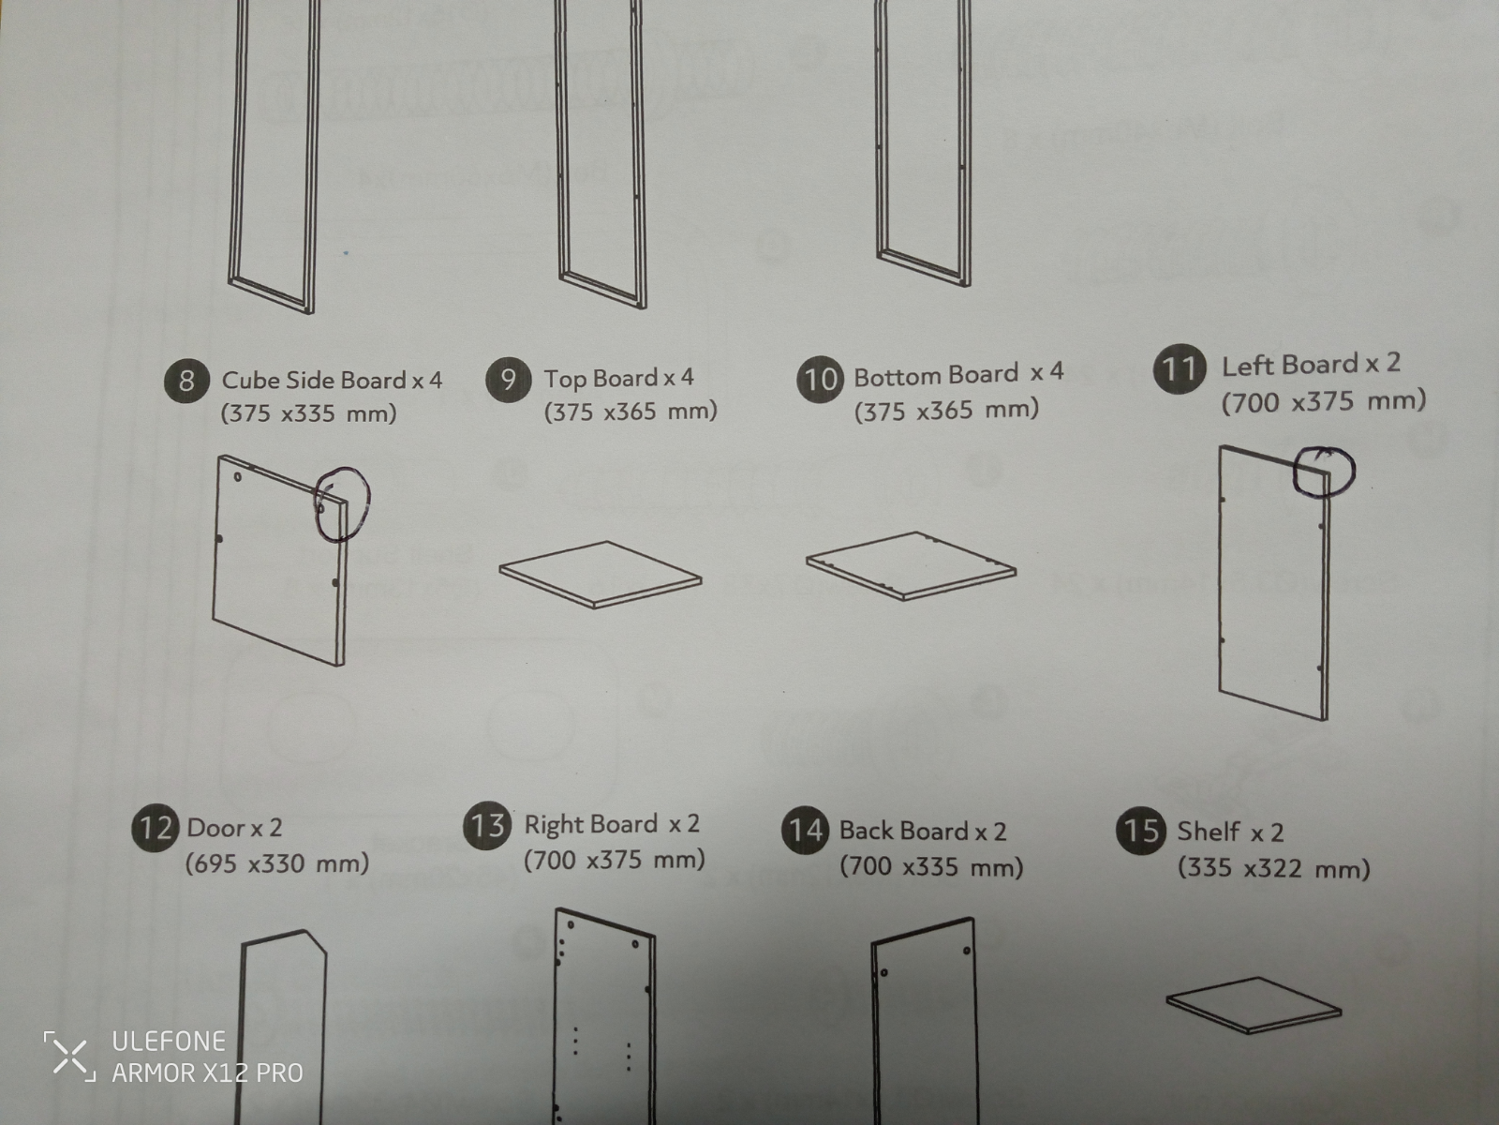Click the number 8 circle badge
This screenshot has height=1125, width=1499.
(186, 381)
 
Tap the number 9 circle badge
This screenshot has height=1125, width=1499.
(508, 379)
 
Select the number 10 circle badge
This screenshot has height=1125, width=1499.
(820, 379)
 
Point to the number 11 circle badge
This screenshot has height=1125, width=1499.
(1180, 368)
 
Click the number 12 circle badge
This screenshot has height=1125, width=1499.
(155, 828)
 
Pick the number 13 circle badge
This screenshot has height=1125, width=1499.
(487, 825)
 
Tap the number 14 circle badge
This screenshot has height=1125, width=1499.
(806, 830)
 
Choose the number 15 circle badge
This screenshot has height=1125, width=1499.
(1140, 831)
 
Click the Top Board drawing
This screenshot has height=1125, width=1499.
(601, 575)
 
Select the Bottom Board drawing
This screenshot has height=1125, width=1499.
(911, 566)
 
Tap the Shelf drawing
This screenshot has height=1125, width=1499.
(1254, 1005)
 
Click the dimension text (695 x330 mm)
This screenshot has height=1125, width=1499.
(277, 863)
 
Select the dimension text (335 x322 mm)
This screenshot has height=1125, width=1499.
(1273, 868)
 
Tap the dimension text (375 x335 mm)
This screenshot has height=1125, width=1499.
(308, 413)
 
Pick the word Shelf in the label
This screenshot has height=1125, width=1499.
(1208, 832)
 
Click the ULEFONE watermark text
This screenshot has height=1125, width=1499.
(169, 1041)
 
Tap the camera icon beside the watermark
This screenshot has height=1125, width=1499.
(69, 1056)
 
